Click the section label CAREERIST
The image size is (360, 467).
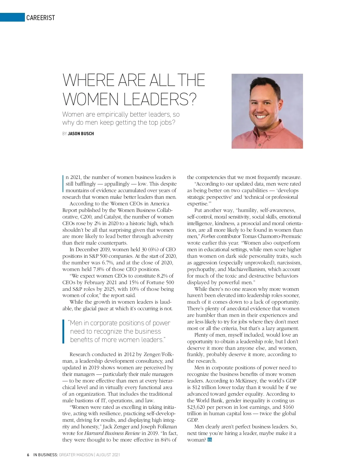click(x=40, y=18)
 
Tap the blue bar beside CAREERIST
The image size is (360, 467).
click(x=12, y=17)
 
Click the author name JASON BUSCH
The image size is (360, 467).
click(x=81, y=134)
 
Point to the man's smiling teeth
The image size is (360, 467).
click(x=261, y=116)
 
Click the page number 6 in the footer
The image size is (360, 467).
click(x=28, y=455)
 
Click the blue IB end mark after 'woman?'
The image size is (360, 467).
click(x=209, y=440)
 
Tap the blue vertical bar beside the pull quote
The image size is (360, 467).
click(x=63, y=331)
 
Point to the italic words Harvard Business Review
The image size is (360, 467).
click(x=112, y=433)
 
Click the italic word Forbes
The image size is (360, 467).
click(x=208, y=236)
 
